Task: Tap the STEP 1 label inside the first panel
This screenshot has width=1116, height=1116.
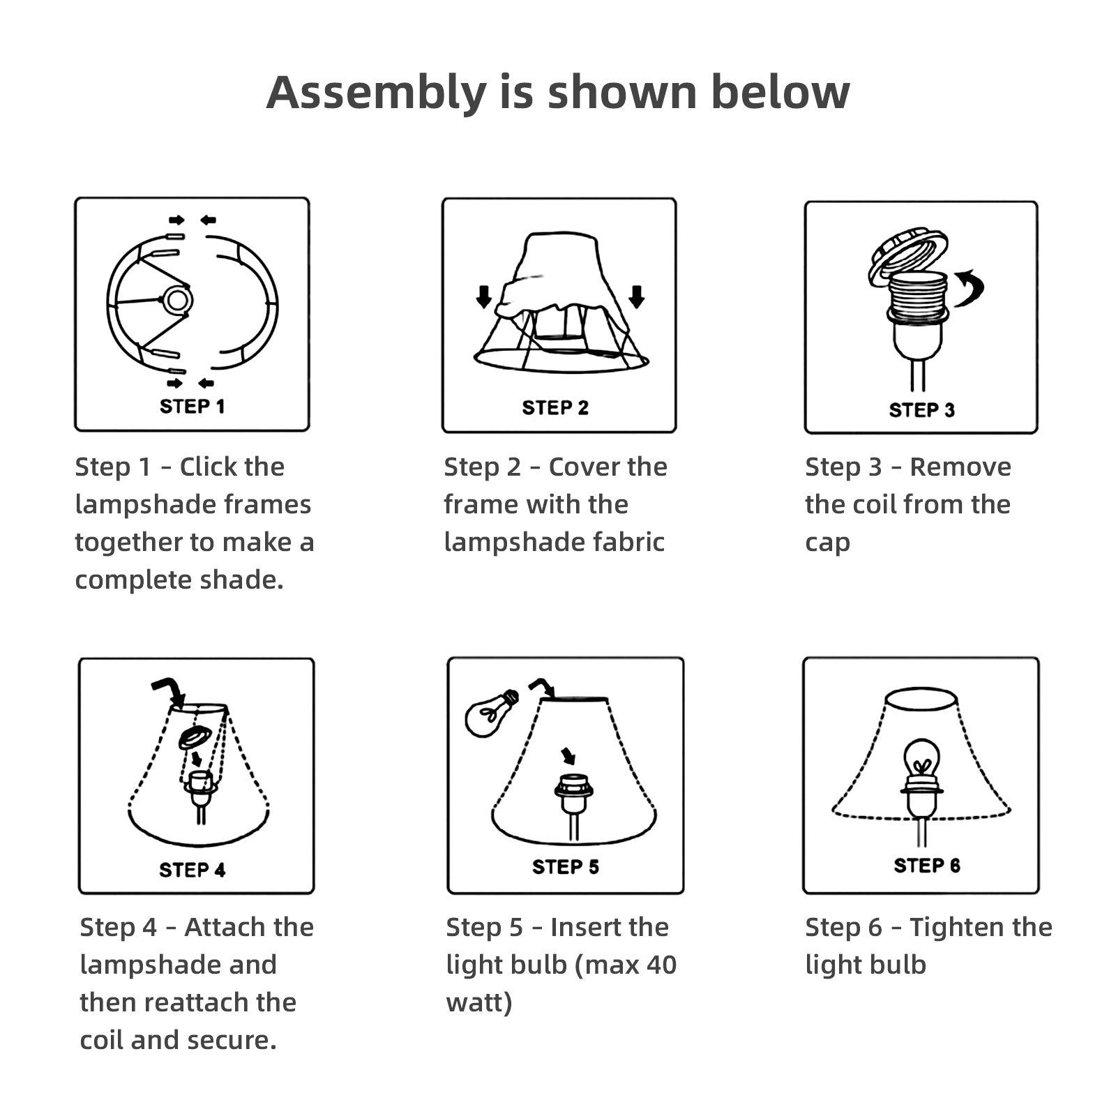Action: [x=193, y=407]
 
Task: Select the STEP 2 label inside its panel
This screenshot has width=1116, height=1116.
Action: [x=555, y=408]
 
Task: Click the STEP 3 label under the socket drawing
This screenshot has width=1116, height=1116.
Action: [x=921, y=410]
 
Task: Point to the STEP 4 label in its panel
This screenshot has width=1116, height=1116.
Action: [x=193, y=870]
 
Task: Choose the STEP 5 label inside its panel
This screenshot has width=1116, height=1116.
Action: [x=565, y=867]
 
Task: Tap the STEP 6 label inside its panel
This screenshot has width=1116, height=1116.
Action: [x=927, y=866]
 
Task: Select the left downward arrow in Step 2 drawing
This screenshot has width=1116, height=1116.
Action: [x=484, y=296]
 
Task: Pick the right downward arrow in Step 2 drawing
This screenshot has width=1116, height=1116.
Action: [x=636, y=296]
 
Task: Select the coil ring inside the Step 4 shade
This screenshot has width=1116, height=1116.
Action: [x=194, y=739]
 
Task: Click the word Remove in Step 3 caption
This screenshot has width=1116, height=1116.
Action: [x=960, y=467]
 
